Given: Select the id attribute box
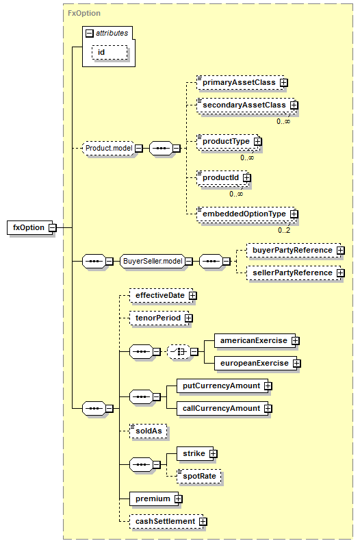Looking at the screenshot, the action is pyautogui.click(x=110, y=52).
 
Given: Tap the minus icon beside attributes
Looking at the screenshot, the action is pyautogui.click(x=89, y=34).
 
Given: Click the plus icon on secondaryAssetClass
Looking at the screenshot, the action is pyautogui.click(x=294, y=105).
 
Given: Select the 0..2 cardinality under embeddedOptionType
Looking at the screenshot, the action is pyautogui.click(x=284, y=230).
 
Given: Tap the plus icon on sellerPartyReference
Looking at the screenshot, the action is pyautogui.click(x=341, y=273).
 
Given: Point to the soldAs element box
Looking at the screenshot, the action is pyautogui.click(x=149, y=431).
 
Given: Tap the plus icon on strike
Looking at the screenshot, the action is pyautogui.click(x=214, y=454).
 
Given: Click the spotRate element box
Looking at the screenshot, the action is pyautogui.click(x=199, y=476).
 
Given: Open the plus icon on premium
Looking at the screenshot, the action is pyautogui.click(x=178, y=498).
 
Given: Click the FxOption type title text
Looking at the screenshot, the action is pyautogui.click(x=84, y=13).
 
